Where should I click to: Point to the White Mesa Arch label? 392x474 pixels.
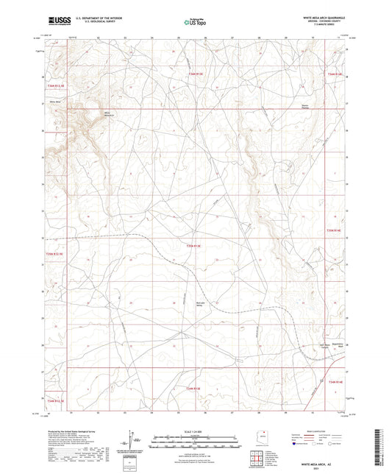pos(89,114)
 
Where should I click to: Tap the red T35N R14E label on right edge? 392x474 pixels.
pos(335,231)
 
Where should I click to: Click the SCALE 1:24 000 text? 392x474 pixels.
pos(195,431)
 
